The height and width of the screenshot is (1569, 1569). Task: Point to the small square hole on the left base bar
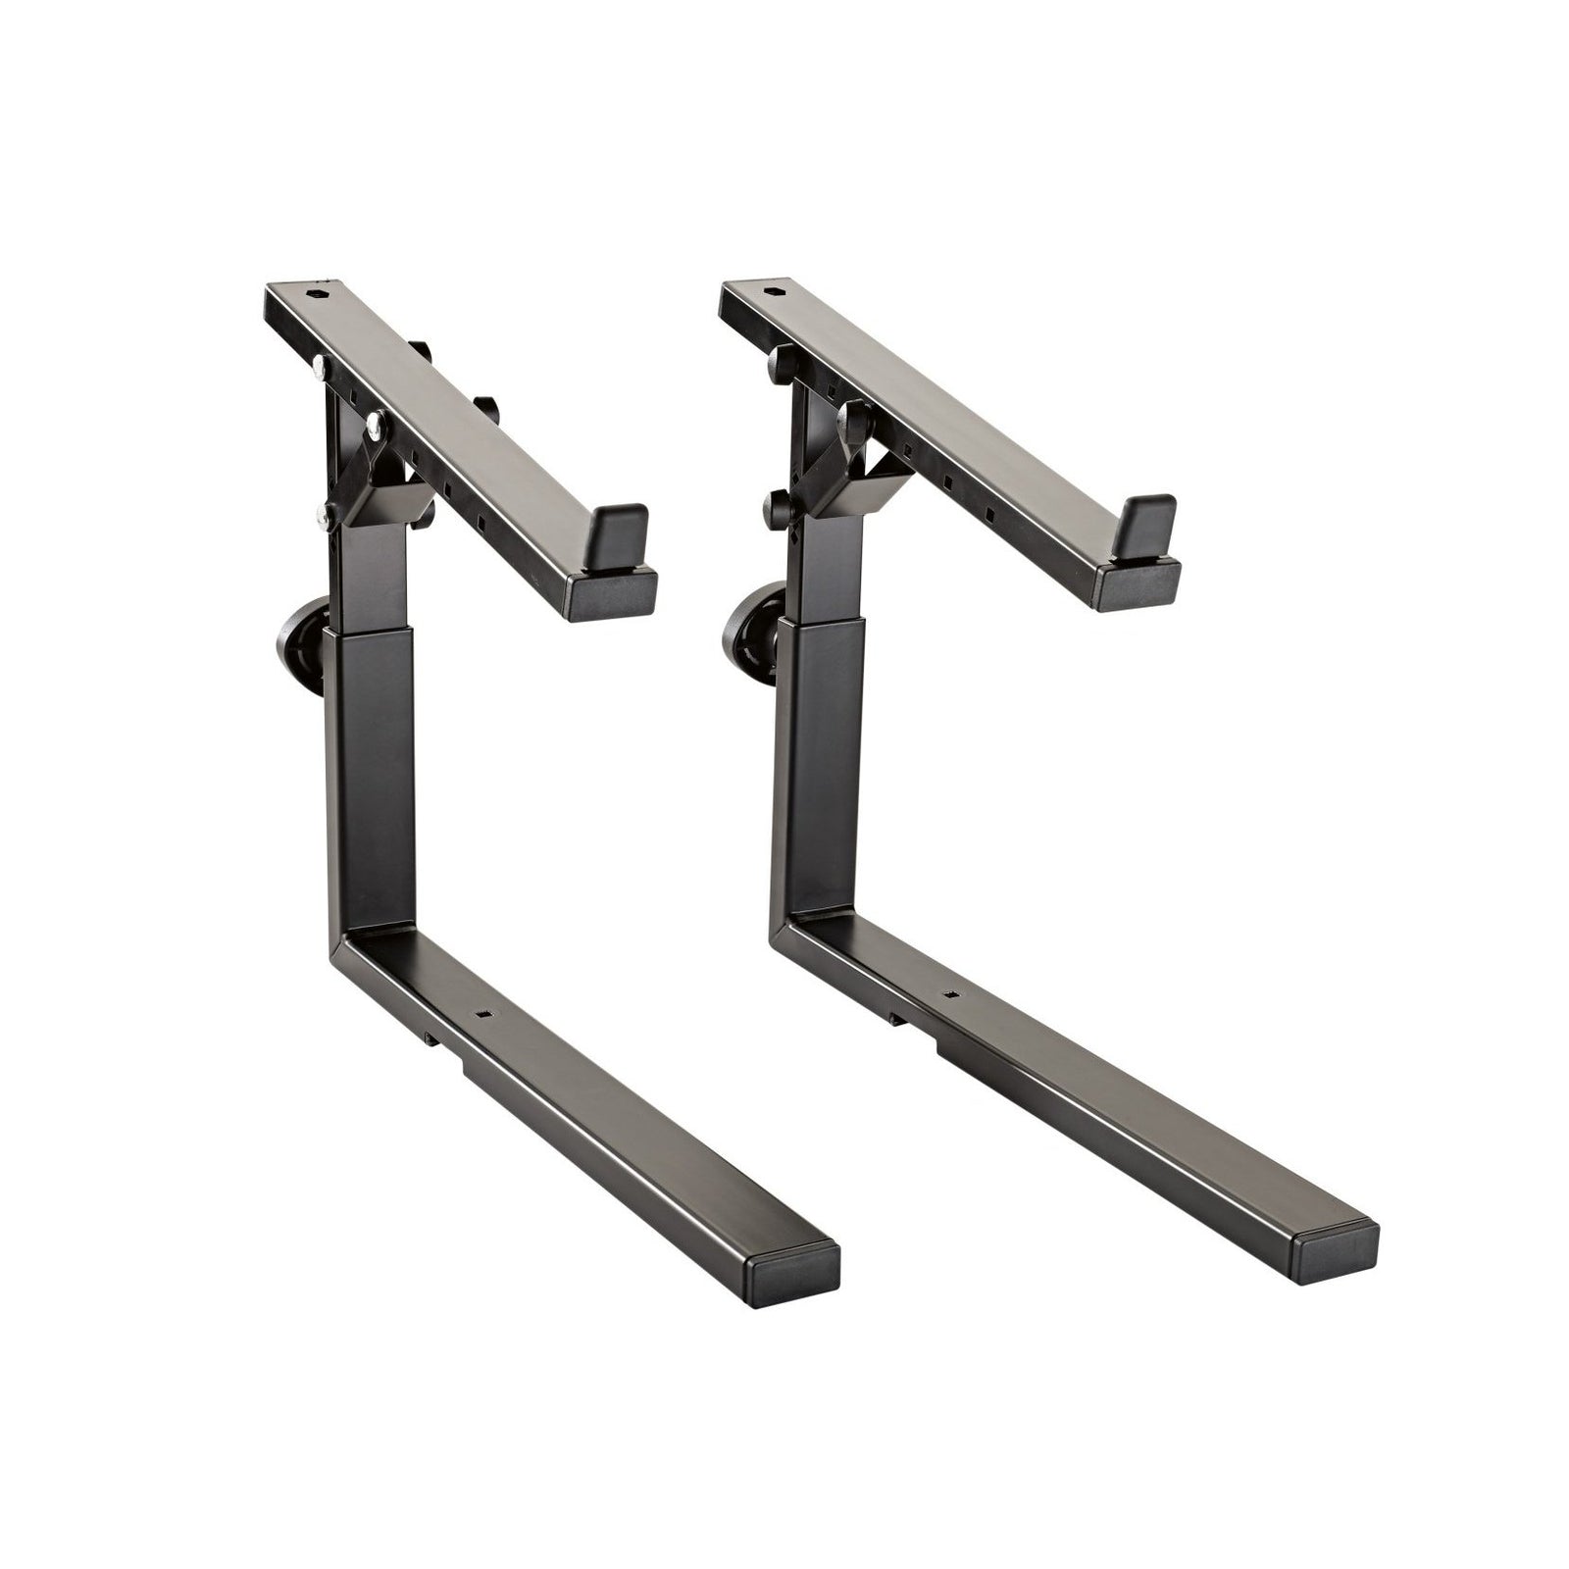483,1014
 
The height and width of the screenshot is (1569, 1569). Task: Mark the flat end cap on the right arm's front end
1138,585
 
